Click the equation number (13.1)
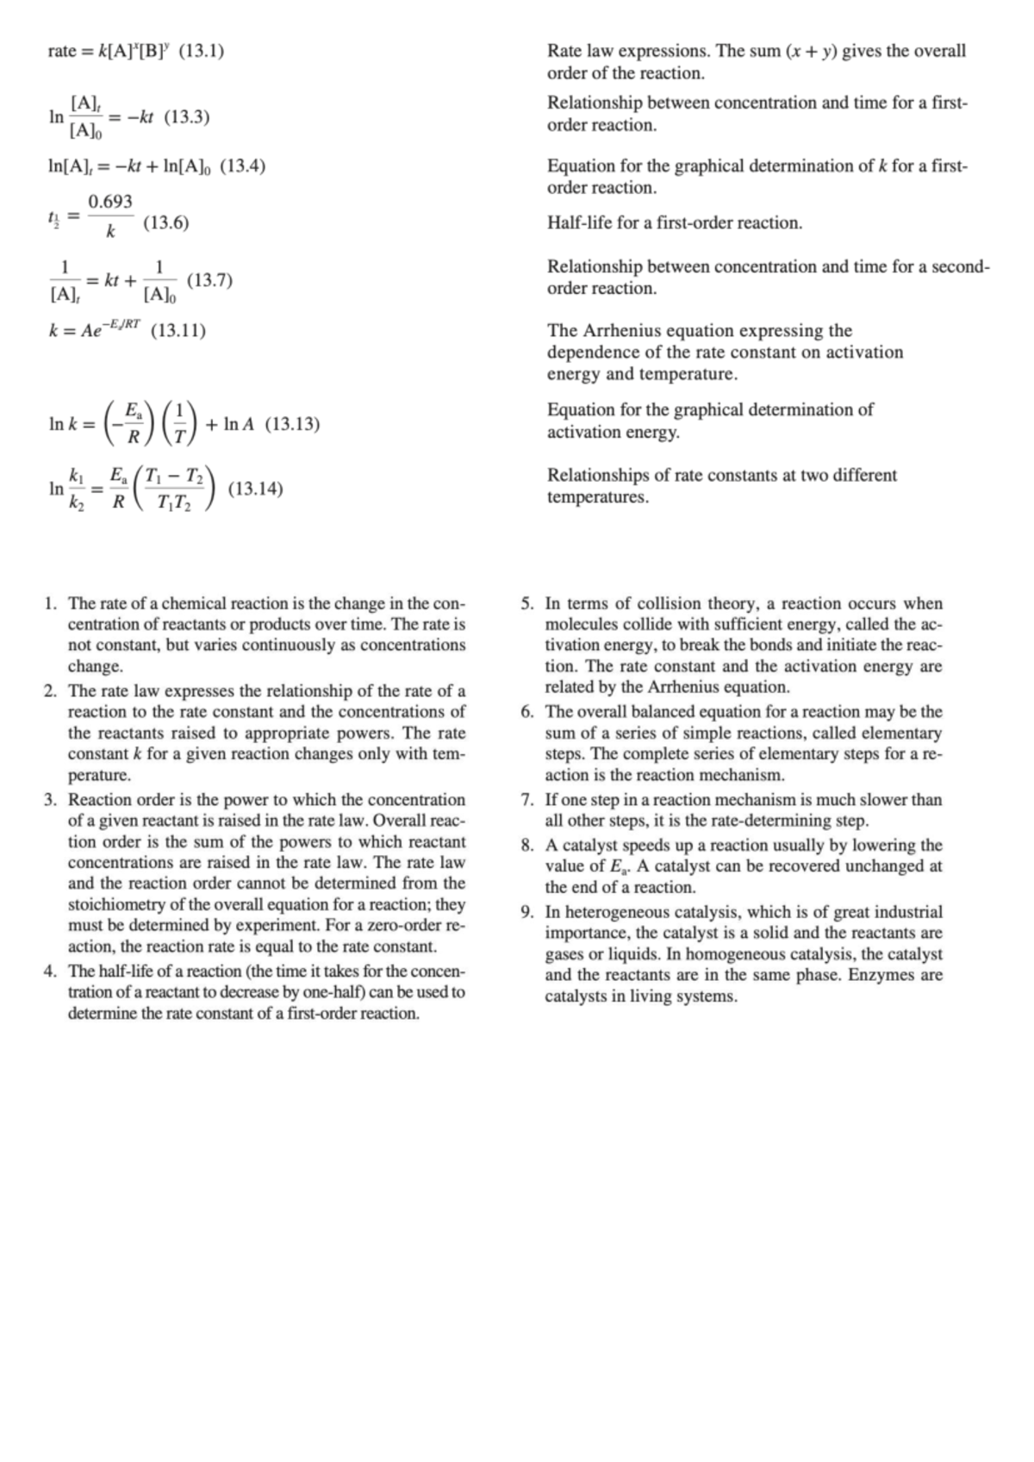pyautogui.click(x=201, y=51)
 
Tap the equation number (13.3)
pyautogui.click(x=187, y=117)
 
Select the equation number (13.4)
pyautogui.click(x=242, y=166)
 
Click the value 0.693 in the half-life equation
pyautogui.click(x=111, y=202)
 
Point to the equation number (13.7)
pyautogui.click(x=209, y=280)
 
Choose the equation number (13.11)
pyautogui.click(x=178, y=331)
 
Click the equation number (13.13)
pyautogui.click(x=292, y=424)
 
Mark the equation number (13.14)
pyautogui.click(x=256, y=489)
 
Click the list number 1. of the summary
pyautogui.click(x=52, y=603)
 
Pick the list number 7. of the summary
pyautogui.click(x=528, y=800)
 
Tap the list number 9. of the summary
pyautogui.click(x=528, y=912)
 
